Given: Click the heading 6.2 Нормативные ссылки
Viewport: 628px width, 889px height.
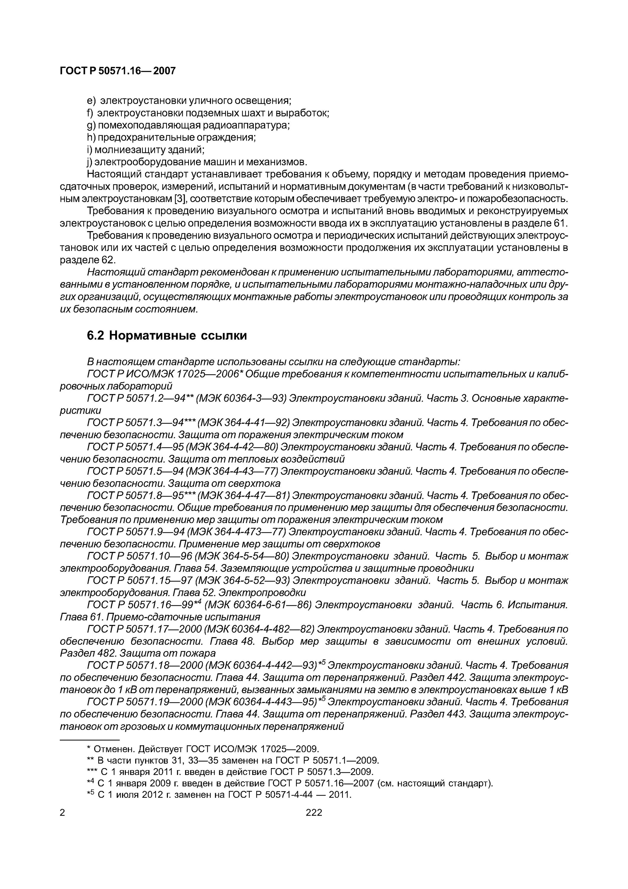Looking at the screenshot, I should (x=166, y=336).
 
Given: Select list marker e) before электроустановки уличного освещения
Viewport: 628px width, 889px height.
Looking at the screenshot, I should (x=91, y=101).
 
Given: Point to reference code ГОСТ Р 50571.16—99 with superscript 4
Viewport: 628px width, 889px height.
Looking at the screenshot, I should (x=144, y=605).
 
